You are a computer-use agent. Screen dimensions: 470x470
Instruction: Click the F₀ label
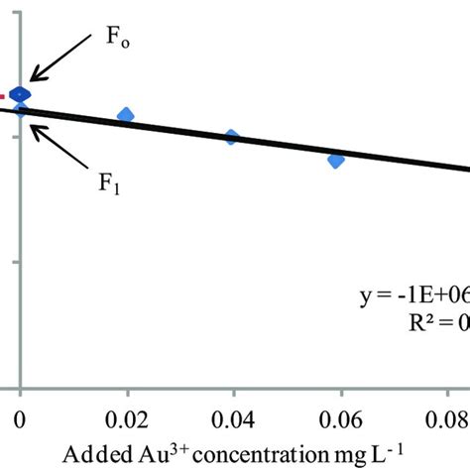(117, 41)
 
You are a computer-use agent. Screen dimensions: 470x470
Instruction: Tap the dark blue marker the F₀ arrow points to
(21, 94)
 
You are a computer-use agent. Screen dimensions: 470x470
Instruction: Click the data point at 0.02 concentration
(126, 116)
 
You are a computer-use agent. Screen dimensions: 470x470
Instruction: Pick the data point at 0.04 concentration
(231, 137)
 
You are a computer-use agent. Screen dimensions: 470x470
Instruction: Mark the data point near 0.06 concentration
(336, 160)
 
